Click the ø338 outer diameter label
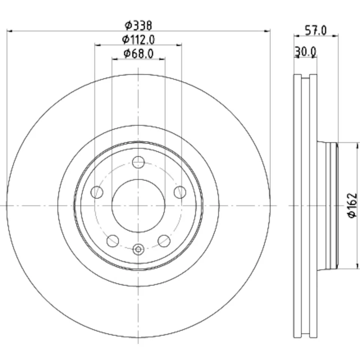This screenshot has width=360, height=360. (x=138, y=25)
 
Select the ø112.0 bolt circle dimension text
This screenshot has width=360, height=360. (x=138, y=39)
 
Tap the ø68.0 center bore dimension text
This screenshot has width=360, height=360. (x=138, y=54)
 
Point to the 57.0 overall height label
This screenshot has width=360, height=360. (x=315, y=30)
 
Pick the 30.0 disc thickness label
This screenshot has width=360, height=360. (x=306, y=51)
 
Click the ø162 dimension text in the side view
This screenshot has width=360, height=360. (x=351, y=205)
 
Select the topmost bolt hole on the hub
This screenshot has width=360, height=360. (x=138, y=162)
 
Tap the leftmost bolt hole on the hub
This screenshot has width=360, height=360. (x=97, y=192)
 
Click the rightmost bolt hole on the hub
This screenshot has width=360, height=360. (x=180, y=192)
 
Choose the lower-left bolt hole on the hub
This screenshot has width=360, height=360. (x=112, y=241)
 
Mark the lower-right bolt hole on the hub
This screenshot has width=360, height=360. (x=164, y=241)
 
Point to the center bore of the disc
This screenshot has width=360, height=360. (x=138, y=205)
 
